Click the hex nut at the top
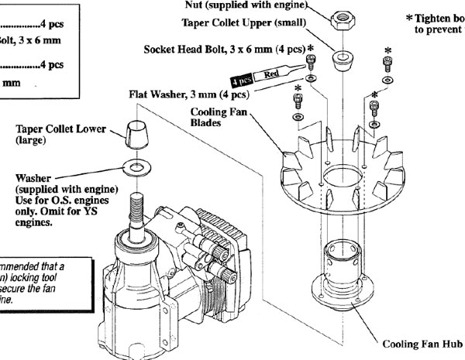click(x=340, y=21)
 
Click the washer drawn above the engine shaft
click(x=137, y=167)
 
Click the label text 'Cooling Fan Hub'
click(x=422, y=343)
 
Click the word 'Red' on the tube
click(x=272, y=74)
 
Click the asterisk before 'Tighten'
click(x=409, y=18)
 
